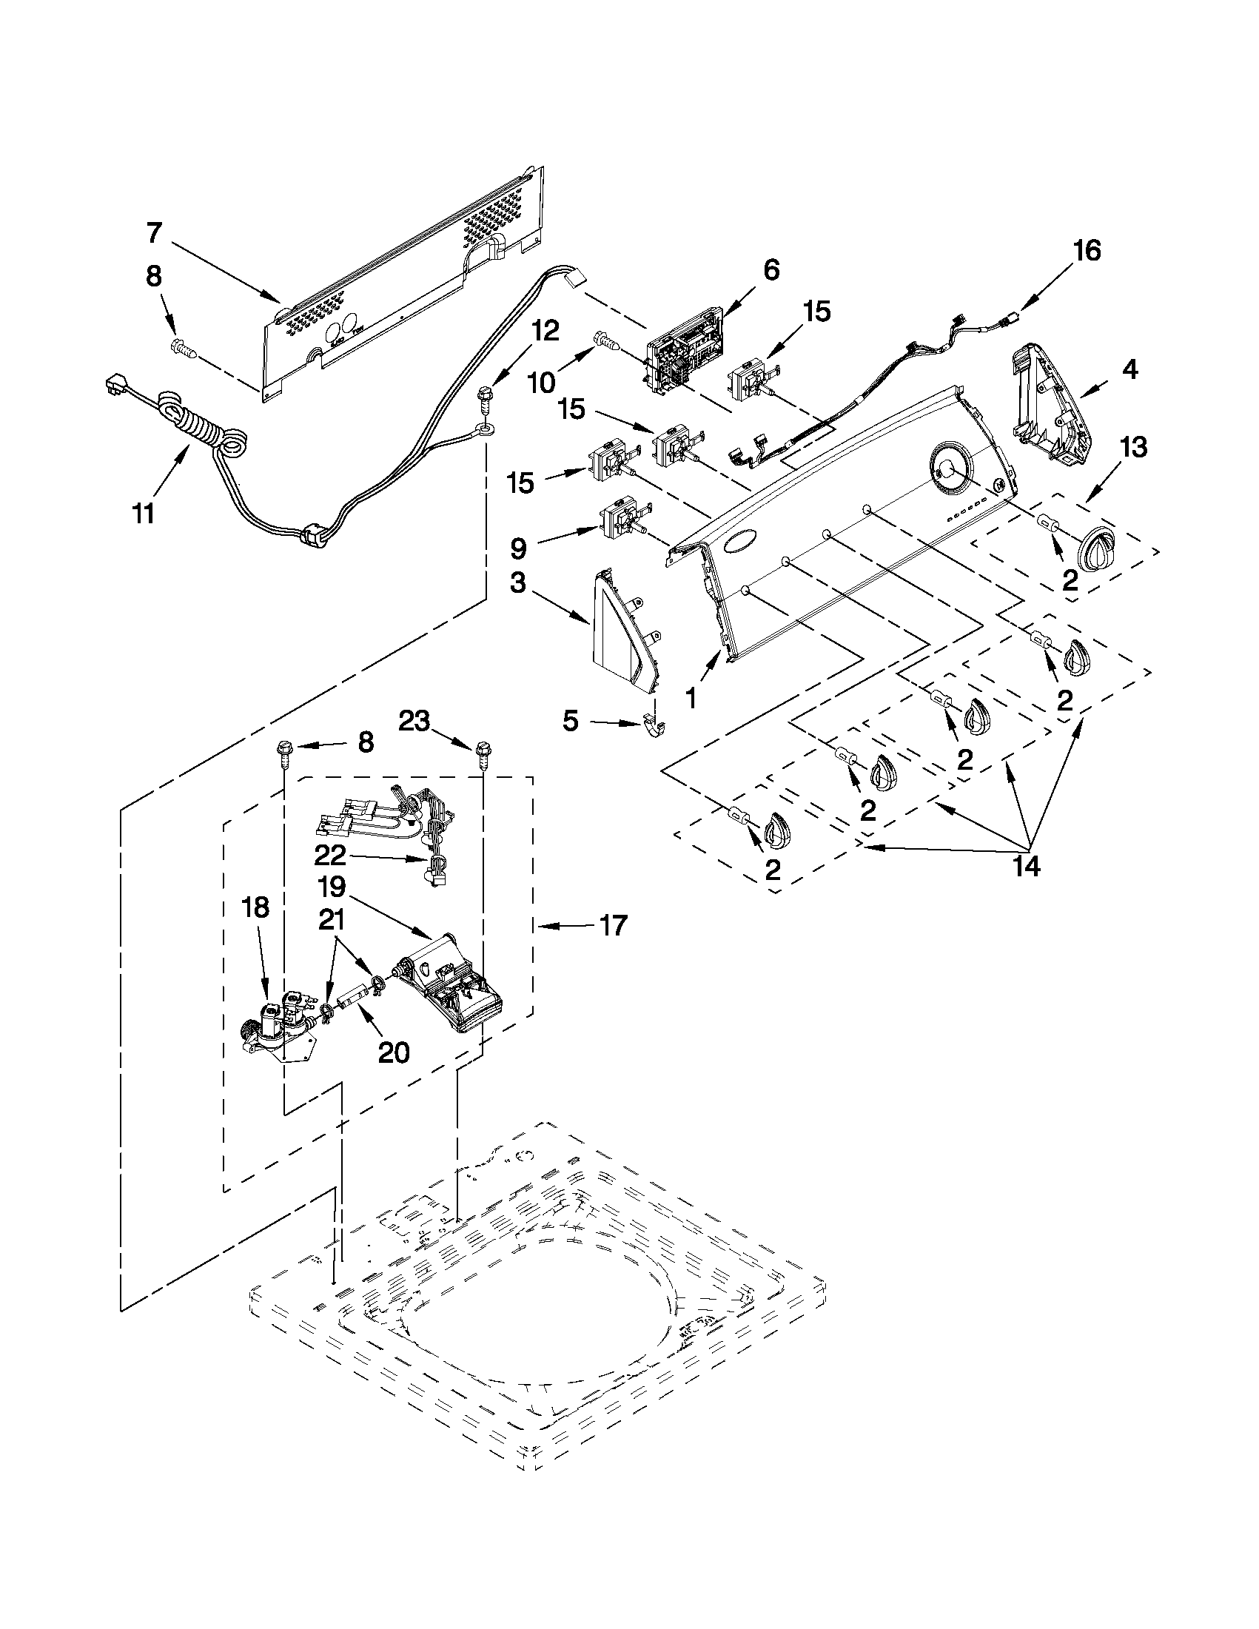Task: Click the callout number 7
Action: [x=153, y=233]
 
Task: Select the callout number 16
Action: [x=1087, y=251]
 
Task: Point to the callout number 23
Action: [x=414, y=721]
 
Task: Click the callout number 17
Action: [x=612, y=927]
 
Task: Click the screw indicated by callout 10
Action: [x=606, y=342]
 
